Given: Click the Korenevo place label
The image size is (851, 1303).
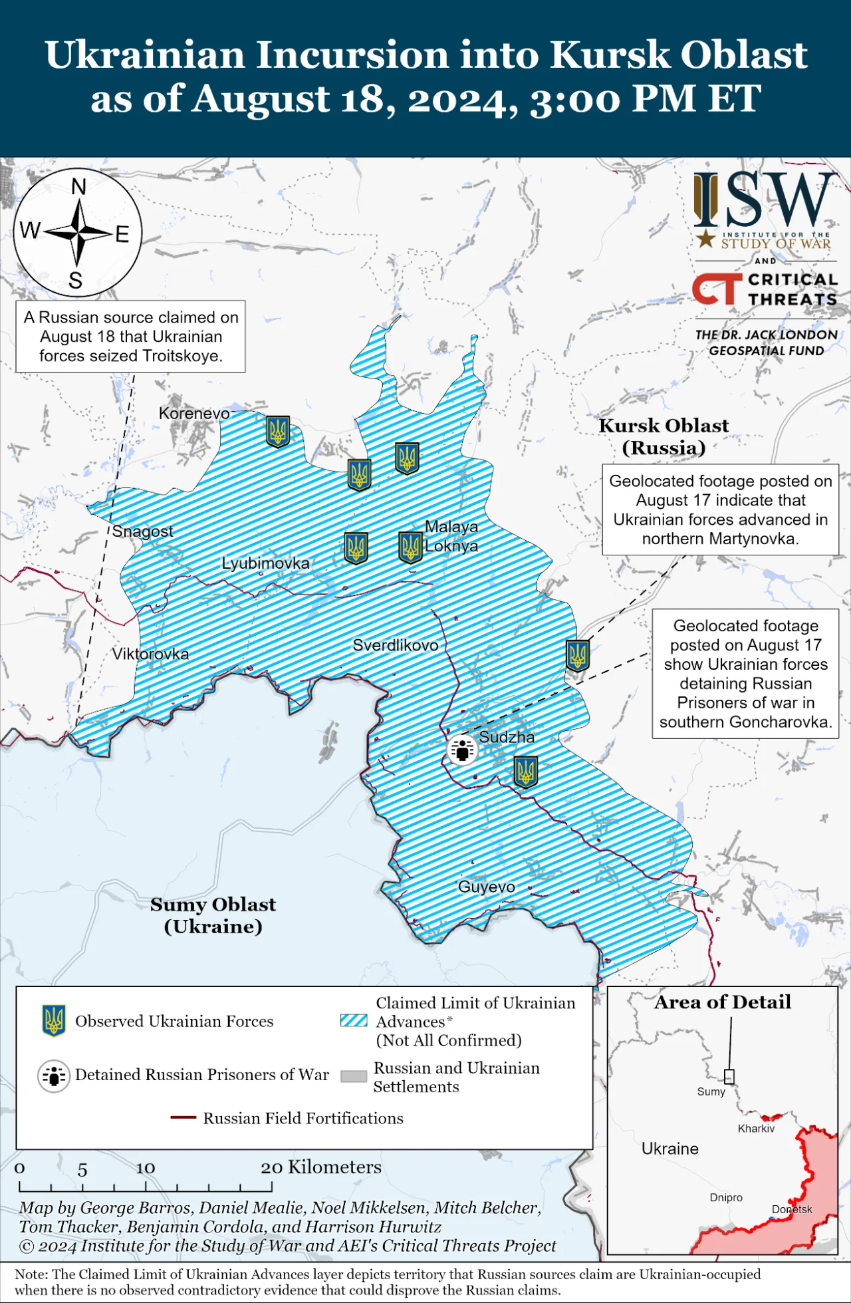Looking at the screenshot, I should pyautogui.click(x=193, y=413).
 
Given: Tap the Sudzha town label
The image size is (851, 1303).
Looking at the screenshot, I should pyautogui.click(x=507, y=737).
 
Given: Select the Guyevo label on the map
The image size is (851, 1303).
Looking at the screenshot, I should pyautogui.click(x=486, y=887).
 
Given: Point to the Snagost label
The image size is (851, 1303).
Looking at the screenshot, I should pyautogui.click(x=142, y=531).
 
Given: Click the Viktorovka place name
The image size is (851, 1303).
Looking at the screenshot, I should pyautogui.click(x=150, y=654).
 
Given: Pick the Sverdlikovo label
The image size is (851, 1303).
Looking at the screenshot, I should pyautogui.click(x=395, y=645).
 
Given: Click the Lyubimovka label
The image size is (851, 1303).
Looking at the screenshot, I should pyautogui.click(x=265, y=563).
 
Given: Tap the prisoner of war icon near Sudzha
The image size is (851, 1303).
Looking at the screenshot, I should pyautogui.click(x=462, y=750).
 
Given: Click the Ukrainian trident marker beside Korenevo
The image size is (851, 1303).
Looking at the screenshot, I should pyautogui.click(x=278, y=431).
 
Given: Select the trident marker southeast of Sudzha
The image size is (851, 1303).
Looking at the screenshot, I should pyautogui.click(x=525, y=772).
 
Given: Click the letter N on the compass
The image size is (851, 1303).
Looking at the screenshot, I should pyautogui.click(x=78, y=187).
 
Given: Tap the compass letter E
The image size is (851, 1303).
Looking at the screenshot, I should pyautogui.click(x=122, y=234).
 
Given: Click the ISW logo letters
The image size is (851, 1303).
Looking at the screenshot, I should pyautogui.click(x=765, y=200).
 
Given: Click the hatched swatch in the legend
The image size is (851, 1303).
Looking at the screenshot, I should pyautogui.click(x=354, y=1021).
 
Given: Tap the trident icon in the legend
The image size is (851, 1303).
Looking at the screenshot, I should pyautogui.click(x=53, y=1020).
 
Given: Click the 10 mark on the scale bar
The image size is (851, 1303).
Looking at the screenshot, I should pyautogui.click(x=146, y=1169).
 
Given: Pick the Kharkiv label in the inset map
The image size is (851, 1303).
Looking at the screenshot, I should pyautogui.click(x=756, y=1129).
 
